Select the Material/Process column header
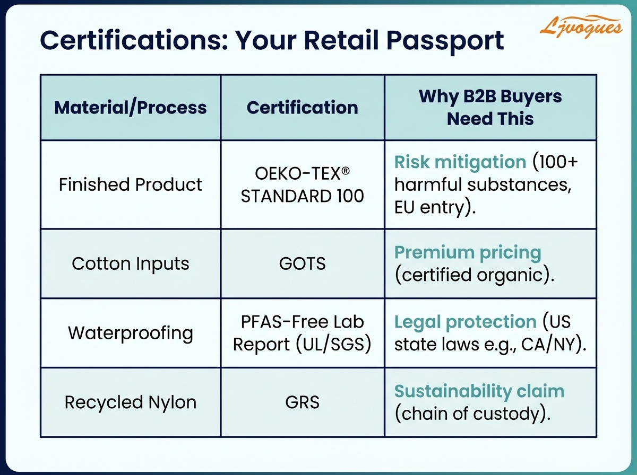click(x=131, y=108)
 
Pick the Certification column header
click(x=302, y=108)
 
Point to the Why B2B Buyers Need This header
click(x=490, y=108)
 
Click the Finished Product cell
click(x=131, y=184)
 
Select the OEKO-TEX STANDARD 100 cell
click(x=302, y=184)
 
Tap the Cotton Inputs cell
click(x=131, y=263)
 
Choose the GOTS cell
click(x=302, y=263)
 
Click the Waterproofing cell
click(x=131, y=333)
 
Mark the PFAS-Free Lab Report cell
click(x=302, y=333)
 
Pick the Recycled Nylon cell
click(x=131, y=402)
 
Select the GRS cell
click(x=302, y=402)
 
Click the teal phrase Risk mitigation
click(x=460, y=162)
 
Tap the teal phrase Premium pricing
click(x=468, y=252)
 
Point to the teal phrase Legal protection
click(x=466, y=322)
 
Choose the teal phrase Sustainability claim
click(x=479, y=391)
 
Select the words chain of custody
click(x=469, y=414)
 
